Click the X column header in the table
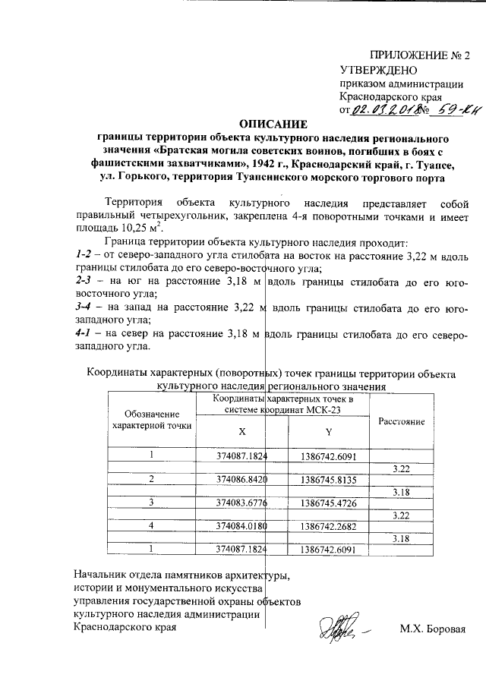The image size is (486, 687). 242,429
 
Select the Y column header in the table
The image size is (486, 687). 329,430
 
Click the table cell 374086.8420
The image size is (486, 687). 242,480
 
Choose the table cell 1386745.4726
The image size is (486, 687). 329,503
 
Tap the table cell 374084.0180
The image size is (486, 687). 242,525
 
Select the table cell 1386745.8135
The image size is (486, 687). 329,480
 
